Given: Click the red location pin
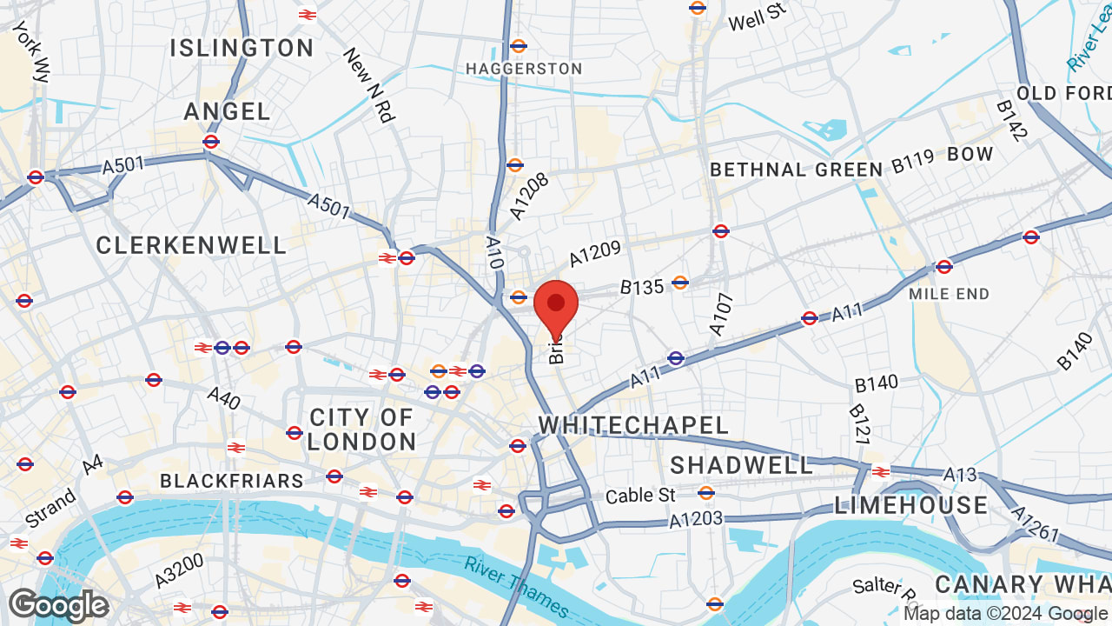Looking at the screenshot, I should click(556, 307).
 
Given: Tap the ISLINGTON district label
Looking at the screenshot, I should click(242, 48).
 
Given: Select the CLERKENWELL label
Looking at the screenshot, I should click(191, 246).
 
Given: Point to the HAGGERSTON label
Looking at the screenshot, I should click(524, 69).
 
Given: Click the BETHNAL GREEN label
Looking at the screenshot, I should click(797, 170).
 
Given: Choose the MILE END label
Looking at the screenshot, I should click(949, 295).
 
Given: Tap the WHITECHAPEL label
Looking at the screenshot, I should click(633, 425).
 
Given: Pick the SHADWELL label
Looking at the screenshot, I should click(741, 466).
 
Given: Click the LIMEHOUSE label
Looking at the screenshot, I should click(910, 505).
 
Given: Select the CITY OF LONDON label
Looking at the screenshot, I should click(361, 430).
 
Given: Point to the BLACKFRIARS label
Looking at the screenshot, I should click(232, 481).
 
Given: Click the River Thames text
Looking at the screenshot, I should click(516, 588).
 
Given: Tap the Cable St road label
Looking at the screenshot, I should click(640, 496).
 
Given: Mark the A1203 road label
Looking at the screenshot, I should click(696, 520).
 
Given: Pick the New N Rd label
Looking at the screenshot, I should click(368, 84).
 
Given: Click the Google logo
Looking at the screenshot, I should click(58, 605).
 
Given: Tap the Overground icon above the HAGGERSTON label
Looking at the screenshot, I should click(519, 45).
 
